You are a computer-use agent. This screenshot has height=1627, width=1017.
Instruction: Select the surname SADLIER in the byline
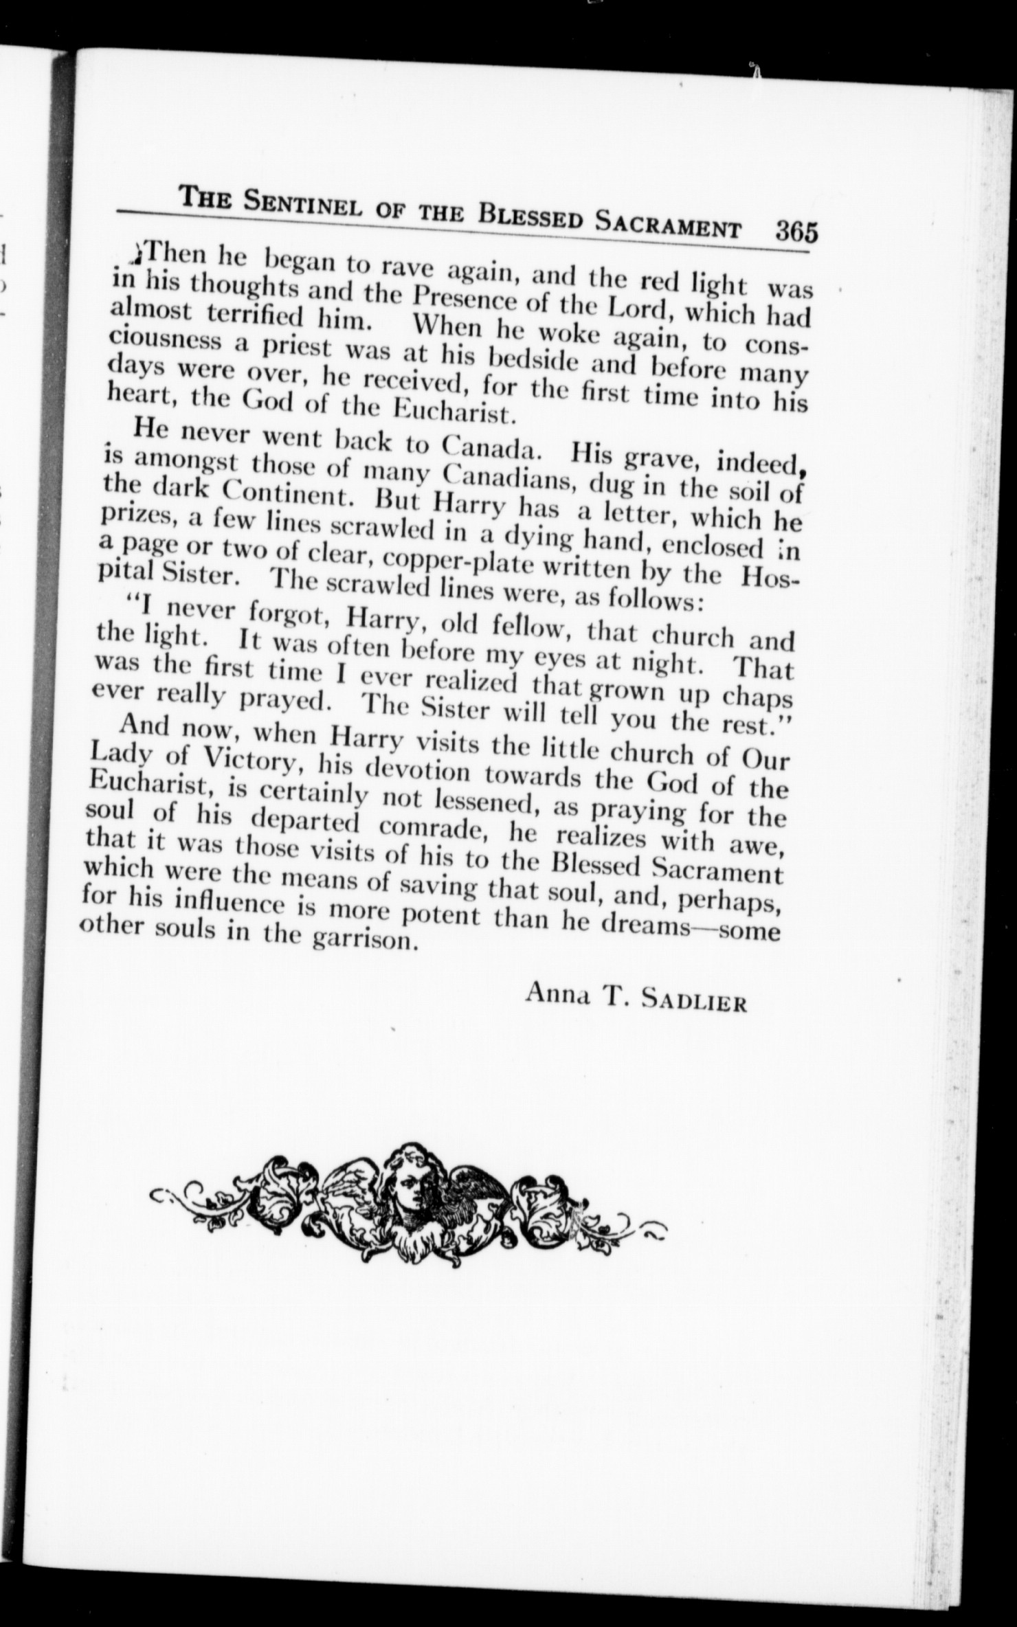pyautogui.click(x=694, y=1002)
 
